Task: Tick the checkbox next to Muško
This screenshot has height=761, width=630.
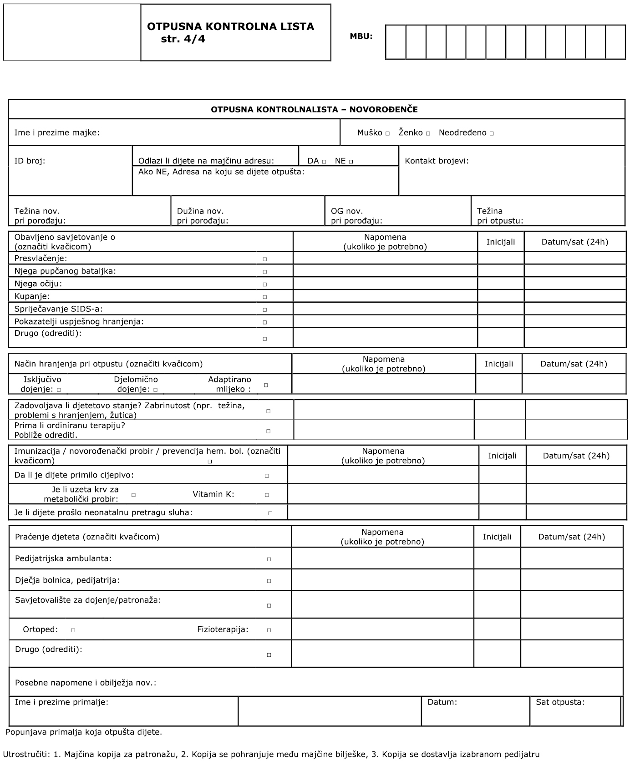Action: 387,134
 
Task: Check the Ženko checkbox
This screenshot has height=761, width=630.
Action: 428,134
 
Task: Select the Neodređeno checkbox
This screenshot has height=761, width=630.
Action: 492,134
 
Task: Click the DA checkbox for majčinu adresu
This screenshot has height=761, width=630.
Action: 324,162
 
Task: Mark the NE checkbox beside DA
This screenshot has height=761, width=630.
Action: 351,162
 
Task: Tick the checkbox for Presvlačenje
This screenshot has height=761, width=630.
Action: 265,259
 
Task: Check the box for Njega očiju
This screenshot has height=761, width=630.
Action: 265,284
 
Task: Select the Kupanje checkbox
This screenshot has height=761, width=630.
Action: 265,297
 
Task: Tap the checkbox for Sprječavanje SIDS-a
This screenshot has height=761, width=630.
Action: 265,310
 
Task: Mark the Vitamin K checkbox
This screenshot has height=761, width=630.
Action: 267,495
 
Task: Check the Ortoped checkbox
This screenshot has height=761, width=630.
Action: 73,631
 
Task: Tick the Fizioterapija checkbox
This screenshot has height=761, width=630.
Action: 269,631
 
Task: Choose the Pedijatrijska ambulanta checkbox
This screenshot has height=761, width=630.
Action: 269,559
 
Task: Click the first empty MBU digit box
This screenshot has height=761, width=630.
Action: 396,42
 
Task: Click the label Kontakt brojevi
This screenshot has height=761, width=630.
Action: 437,161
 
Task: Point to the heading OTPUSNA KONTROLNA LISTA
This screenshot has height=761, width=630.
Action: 230,26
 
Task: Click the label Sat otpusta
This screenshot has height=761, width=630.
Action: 560,702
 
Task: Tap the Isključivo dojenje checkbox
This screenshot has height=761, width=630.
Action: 59,390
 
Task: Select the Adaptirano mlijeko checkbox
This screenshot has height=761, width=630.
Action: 266,385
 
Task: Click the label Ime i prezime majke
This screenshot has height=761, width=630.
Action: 57,133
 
